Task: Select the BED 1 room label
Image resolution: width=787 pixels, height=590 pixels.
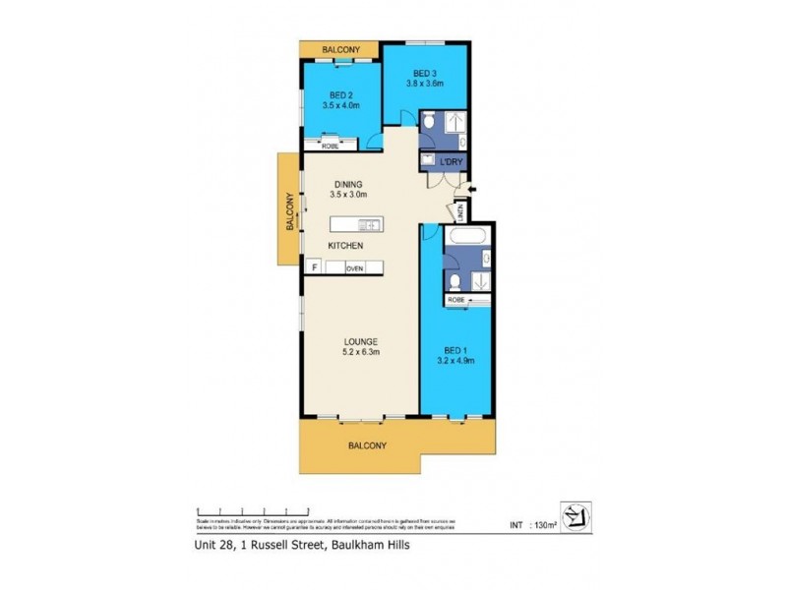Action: (x=454, y=349)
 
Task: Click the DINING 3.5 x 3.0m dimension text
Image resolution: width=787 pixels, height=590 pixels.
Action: (x=347, y=195)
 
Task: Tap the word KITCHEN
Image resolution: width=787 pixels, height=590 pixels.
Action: (x=346, y=245)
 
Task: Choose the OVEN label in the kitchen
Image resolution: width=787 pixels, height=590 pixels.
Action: (x=355, y=267)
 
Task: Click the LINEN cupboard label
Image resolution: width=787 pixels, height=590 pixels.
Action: (x=459, y=210)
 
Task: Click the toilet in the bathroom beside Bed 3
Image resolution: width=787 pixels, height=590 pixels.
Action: (x=429, y=122)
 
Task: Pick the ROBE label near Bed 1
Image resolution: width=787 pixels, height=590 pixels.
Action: (x=456, y=299)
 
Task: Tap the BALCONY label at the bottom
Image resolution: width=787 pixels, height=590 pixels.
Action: (x=366, y=445)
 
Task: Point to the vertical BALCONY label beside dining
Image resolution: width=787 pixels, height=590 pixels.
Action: (x=291, y=210)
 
